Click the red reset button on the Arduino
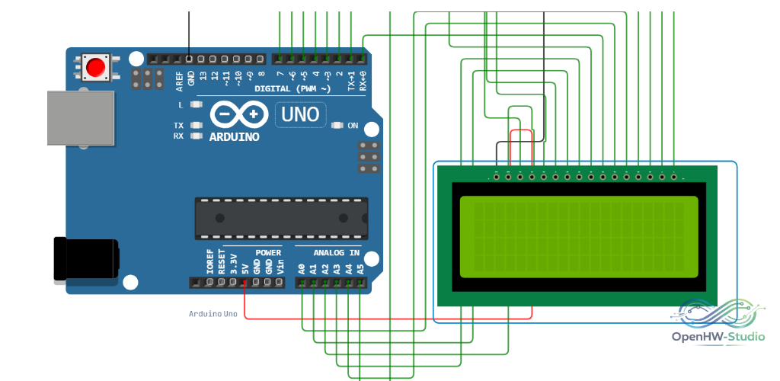click(95, 66)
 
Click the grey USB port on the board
click(81, 118)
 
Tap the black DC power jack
click(86, 260)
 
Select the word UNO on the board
click(300, 115)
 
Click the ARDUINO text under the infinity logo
click(235, 137)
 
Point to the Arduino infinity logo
click(235, 114)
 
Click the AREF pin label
click(180, 81)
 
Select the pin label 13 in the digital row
click(203, 76)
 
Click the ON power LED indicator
click(338, 125)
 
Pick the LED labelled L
click(197, 105)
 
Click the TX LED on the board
click(197, 125)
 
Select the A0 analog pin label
click(301, 270)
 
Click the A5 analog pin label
click(360, 270)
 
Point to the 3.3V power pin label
click(233, 264)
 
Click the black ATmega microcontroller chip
click(282, 219)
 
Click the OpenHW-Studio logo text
click(718, 337)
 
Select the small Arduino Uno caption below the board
click(213, 314)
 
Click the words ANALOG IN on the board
click(336, 253)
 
